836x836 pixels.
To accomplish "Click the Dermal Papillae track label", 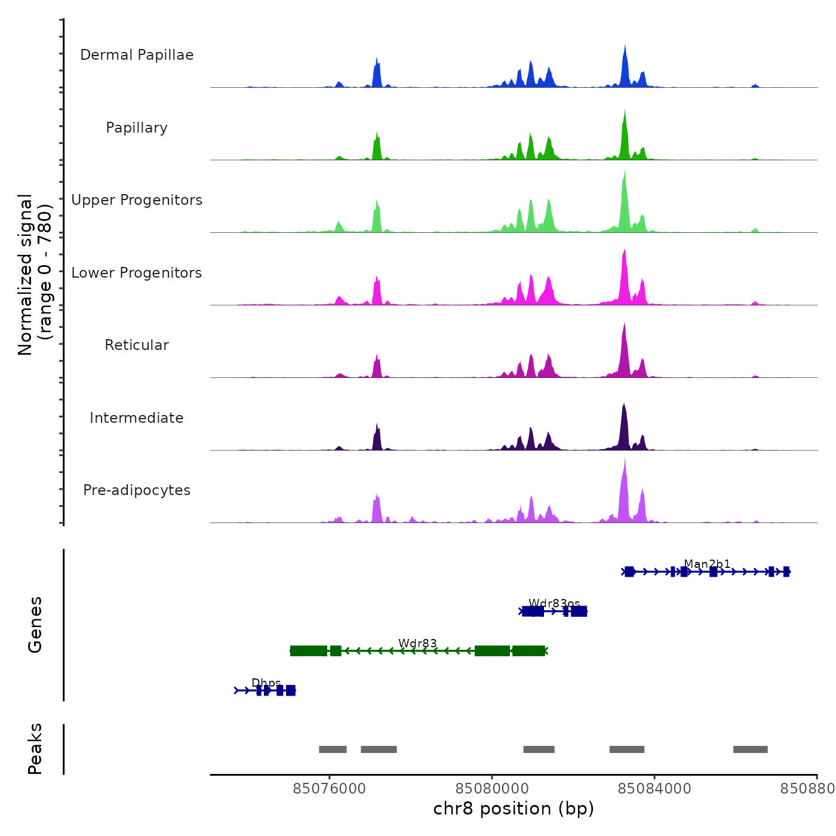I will coord(137,55).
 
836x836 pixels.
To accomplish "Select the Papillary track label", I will coord(137,128).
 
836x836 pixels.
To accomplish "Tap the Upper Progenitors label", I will coord(137,200).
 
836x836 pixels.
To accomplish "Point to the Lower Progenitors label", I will coord(137,273).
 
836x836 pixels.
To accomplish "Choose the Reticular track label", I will coord(137,345).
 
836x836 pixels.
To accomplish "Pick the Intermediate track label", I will coord(137,418).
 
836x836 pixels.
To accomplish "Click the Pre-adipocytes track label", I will coord(137,490).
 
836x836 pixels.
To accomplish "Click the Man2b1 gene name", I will coord(707,564).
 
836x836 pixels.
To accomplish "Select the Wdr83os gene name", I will coord(554,604).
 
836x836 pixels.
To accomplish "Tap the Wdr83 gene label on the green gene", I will coord(417,643).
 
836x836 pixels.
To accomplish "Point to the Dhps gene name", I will coord(266,683).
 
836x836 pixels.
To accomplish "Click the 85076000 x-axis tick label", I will coord(329,789).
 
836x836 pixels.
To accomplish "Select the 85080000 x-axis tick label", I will coord(492,789).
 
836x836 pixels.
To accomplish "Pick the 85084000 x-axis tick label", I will coord(654,789).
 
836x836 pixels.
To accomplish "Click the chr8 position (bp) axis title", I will coord(514,809).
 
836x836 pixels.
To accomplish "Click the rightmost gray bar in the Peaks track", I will coord(750,749).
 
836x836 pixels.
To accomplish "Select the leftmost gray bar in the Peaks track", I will coord(333,749).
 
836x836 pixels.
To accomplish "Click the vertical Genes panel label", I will coord(35,625).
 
